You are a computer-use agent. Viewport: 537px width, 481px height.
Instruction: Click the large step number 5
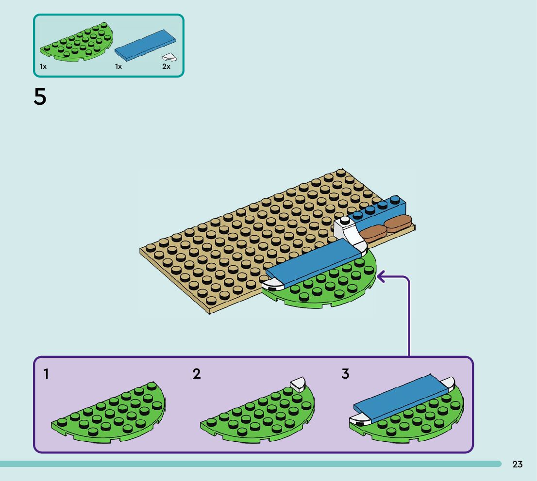pyautogui.click(x=40, y=97)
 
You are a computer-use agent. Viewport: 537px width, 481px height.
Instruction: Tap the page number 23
pyautogui.click(x=517, y=465)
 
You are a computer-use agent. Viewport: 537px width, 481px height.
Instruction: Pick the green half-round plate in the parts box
pyautogui.click(x=77, y=43)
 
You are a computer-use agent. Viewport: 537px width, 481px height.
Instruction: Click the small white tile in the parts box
pyautogui.click(x=169, y=57)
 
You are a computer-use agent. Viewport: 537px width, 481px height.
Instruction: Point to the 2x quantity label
pyautogui.click(x=166, y=66)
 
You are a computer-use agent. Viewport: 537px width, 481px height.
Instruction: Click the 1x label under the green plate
pyautogui.click(x=43, y=66)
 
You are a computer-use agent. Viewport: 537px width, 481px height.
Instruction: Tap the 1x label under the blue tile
pyautogui.click(x=118, y=66)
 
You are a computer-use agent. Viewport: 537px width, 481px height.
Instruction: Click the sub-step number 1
pyautogui.click(x=46, y=374)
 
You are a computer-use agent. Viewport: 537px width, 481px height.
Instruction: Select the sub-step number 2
pyautogui.click(x=196, y=374)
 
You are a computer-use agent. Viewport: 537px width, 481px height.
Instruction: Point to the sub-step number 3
pyautogui.click(x=345, y=374)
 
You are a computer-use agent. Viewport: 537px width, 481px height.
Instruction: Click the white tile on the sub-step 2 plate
pyautogui.click(x=298, y=385)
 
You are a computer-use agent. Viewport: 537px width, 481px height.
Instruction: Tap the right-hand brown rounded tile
pyautogui.click(x=398, y=223)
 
